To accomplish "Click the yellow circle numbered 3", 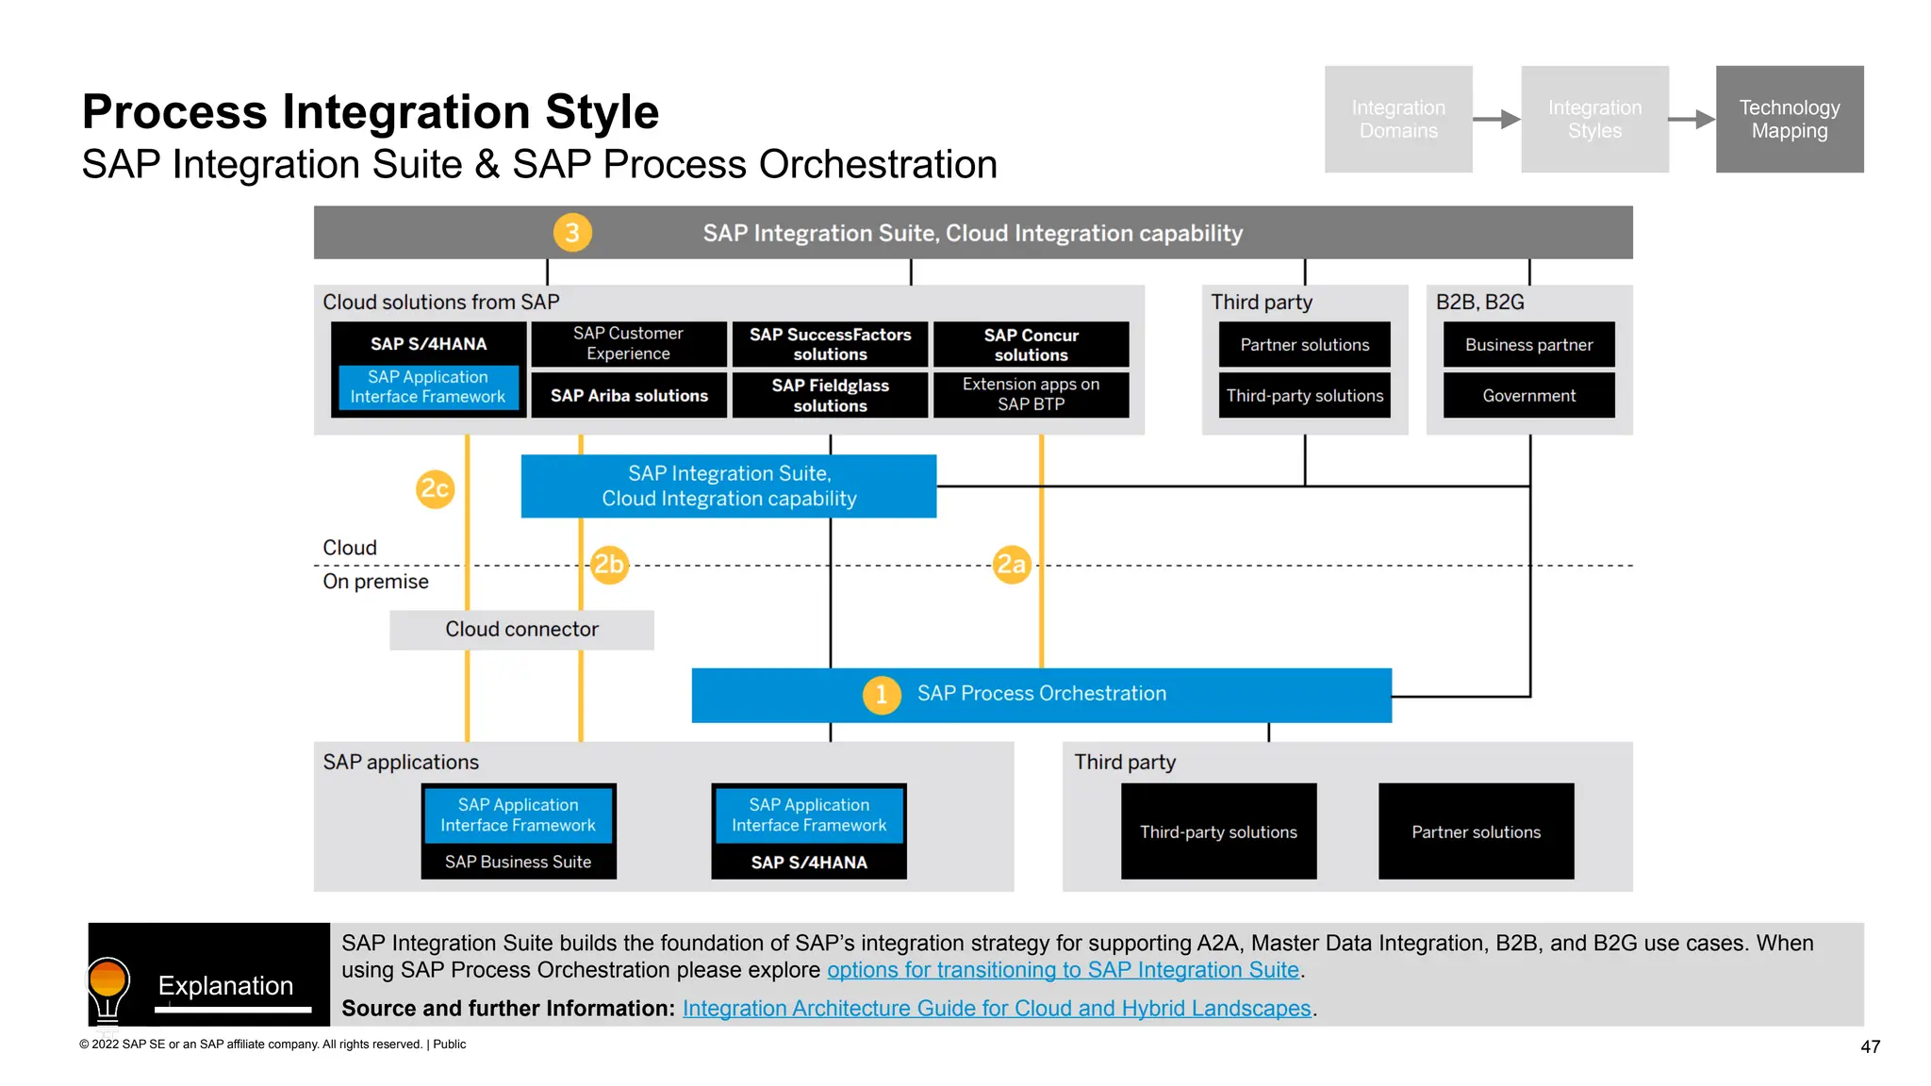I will pyautogui.click(x=572, y=233).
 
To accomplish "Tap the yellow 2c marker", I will pyautogui.click(x=435, y=488).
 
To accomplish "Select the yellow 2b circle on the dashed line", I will pyautogui.click(x=609, y=565).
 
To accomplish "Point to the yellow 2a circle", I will pyautogui.click(x=1012, y=565).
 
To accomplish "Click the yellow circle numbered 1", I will pyautogui.click(x=882, y=695).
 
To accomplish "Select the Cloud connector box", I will pyautogui.click(x=521, y=630).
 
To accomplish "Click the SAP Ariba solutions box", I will pyautogui.click(x=629, y=396).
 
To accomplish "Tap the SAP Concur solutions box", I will pyautogui.click(x=1031, y=345).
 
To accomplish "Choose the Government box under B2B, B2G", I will pyautogui.click(x=1528, y=396).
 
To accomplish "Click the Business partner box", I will pyautogui.click(x=1528, y=345).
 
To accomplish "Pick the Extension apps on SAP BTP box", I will pyautogui.click(x=1031, y=395).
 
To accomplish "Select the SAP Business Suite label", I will pyautogui.click(x=518, y=862).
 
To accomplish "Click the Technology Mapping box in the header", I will pyautogui.click(x=1789, y=119).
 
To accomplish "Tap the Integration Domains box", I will pyautogui.click(x=1397, y=119).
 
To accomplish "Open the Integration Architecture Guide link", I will pyautogui.click(x=997, y=1009).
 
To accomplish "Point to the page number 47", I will pyautogui.click(x=1870, y=1046).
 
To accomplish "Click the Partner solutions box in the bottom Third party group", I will pyautogui.click(x=1476, y=831).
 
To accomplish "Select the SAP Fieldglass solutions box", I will pyautogui.click(x=830, y=396).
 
